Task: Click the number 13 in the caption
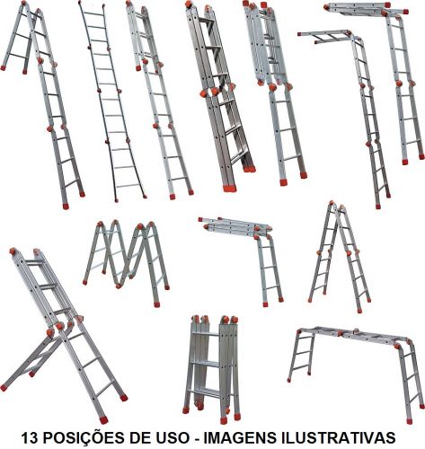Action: (x=30, y=437)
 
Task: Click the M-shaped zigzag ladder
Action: (x=126, y=263)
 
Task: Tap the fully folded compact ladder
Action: (x=212, y=368)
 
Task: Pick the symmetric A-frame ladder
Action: (x=341, y=258)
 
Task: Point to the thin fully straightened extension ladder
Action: (x=111, y=101)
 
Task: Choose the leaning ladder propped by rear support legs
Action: (x=65, y=335)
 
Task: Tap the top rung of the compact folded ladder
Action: (x=207, y=333)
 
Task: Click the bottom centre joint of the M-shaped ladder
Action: (x=119, y=286)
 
